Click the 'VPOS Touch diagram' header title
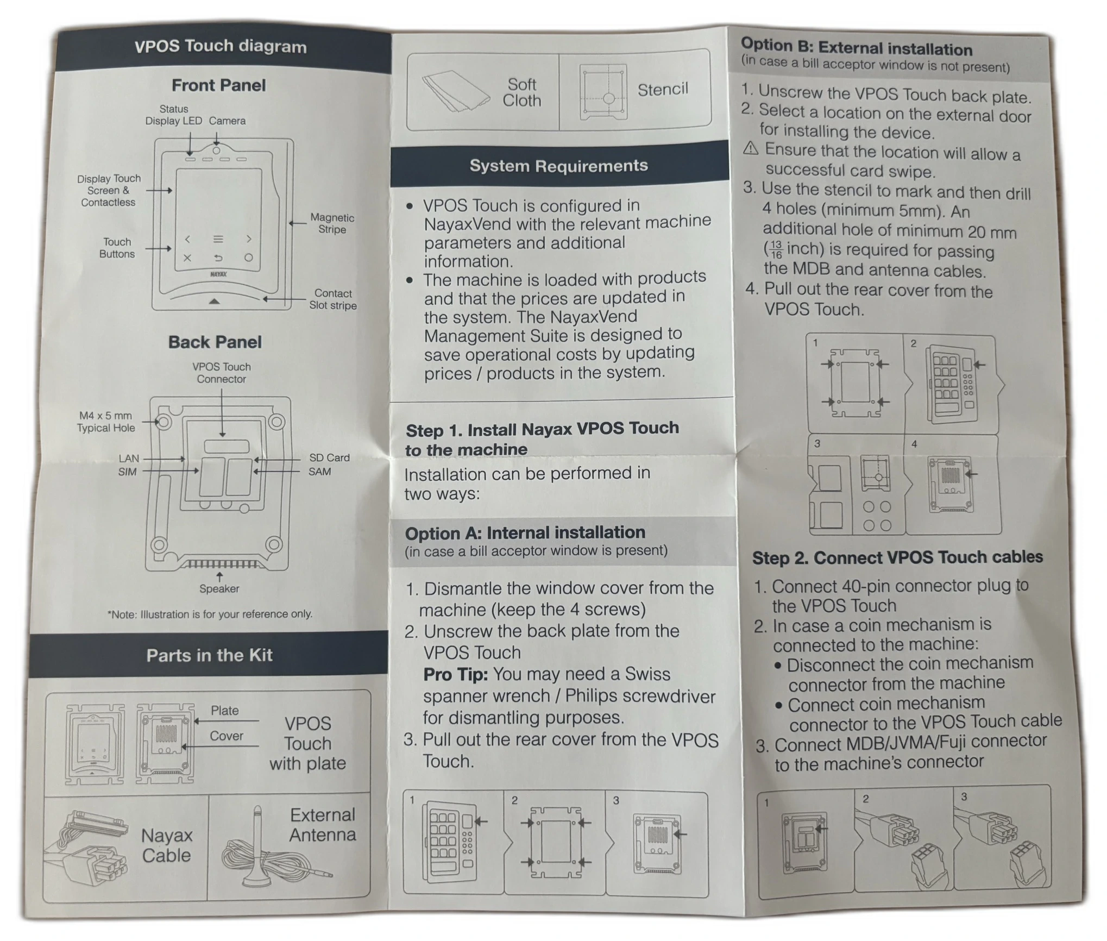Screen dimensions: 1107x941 click(x=221, y=47)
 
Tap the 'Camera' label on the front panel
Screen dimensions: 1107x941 click(x=227, y=121)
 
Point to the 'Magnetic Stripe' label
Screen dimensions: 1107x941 click(x=332, y=223)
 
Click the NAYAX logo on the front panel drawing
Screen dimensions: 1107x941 click(x=218, y=274)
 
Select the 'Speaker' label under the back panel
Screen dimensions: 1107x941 click(x=219, y=588)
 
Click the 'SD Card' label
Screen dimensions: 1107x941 click(x=329, y=457)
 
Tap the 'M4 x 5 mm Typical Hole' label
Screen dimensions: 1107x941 click(x=105, y=422)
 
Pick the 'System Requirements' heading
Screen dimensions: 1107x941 click(x=558, y=166)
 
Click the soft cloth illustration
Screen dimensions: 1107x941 click(x=455, y=91)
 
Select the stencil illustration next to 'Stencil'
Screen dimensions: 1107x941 click(x=603, y=92)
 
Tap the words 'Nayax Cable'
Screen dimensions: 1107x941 click(x=166, y=845)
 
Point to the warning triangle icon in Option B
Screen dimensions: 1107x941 click(x=751, y=148)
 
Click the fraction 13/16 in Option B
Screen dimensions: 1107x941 click(x=776, y=250)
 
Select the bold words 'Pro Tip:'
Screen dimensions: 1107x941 click(x=455, y=674)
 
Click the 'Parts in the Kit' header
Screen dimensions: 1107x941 click(x=209, y=655)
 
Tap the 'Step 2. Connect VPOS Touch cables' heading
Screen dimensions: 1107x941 click(x=897, y=557)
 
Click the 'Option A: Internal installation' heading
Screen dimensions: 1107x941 click(x=525, y=532)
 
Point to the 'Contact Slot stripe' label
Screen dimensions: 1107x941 click(x=333, y=299)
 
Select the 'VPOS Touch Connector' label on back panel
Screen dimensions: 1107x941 click(x=222, y=373)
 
